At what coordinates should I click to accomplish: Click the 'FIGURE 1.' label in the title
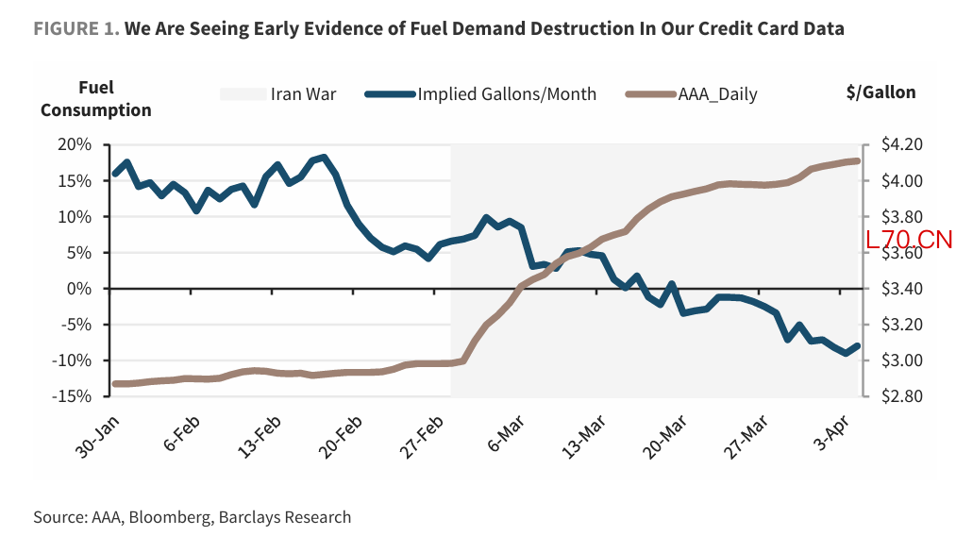click(76, 28)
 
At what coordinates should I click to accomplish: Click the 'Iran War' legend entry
click(303, 93)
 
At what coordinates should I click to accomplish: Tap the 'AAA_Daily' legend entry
click(717, 93)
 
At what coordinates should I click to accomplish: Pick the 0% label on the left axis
click(82, 289)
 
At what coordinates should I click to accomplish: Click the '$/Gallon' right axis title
click(881, 92)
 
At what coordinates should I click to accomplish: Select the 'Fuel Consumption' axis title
click(95, 99)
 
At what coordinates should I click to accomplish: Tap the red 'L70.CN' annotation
click(909, 240)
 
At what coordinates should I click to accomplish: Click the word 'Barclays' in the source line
click(260, 517)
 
